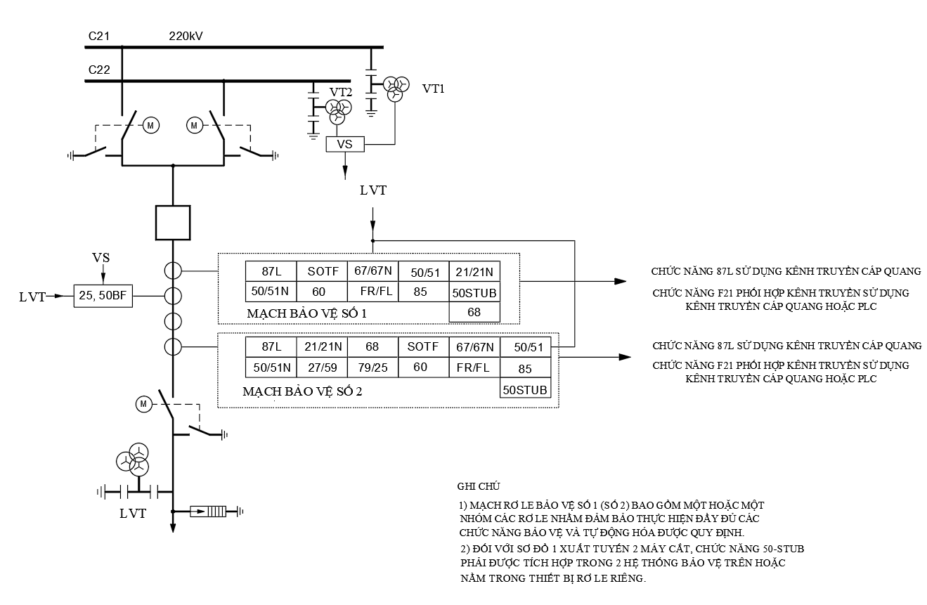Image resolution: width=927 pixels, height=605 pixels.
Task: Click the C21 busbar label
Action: tap(99, 37)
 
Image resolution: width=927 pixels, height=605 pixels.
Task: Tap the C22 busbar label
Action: tap(99, 70)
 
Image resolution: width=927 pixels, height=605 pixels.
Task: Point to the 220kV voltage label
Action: tap(186, 37)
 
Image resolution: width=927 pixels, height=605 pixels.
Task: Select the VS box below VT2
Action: tap(345, 144)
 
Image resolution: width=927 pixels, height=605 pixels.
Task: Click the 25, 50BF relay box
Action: tap(103, 296)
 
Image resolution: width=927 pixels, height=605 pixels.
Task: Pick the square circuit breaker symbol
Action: tap(173, 223)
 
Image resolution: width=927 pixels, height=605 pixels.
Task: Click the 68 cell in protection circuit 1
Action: tap(474, 312)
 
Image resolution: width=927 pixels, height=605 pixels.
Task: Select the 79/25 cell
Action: tap(373, 367)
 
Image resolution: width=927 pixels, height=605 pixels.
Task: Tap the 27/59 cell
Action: tap(323, 367)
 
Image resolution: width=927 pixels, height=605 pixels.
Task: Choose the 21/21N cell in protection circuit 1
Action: tap(474, 271)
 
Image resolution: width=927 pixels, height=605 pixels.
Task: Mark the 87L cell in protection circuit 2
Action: tap(271, 347)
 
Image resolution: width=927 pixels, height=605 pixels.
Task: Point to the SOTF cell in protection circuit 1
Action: tap(323, 271)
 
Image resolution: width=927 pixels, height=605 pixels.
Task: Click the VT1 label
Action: tap(434, 89)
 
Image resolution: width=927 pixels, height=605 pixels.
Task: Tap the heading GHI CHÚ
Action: tap(479, 486)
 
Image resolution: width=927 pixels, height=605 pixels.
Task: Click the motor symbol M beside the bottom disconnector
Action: tap(143, 404)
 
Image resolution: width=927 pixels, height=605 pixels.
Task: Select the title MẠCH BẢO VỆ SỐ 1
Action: tap(306, 313)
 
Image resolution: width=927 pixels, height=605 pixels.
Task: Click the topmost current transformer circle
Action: tap(173, 271)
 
